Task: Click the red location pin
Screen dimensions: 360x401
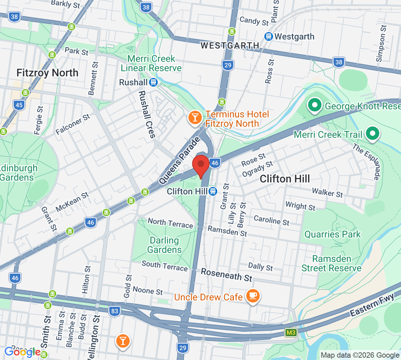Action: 201,165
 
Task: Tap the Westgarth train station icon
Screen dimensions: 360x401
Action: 268,36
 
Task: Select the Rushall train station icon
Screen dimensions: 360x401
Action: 153,82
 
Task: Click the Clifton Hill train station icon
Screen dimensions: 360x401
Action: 213,191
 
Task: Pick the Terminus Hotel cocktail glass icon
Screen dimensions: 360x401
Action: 194,118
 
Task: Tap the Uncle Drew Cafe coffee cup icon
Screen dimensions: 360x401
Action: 253,296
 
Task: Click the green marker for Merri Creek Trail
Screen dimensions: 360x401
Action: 372,133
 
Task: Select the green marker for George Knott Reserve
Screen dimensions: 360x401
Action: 314,105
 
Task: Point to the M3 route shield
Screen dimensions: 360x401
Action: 291,333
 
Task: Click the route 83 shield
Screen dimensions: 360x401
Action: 115,311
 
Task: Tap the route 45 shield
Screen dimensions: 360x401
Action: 19,105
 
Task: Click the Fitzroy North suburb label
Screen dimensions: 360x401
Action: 47,73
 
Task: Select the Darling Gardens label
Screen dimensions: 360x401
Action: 164,245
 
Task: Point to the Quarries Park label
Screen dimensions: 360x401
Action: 332,234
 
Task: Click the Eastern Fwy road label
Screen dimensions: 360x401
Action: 372,304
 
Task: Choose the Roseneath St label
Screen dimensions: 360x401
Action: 226,275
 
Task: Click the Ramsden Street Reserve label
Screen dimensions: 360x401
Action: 331,264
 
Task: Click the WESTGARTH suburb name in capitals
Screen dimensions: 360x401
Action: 230,46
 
